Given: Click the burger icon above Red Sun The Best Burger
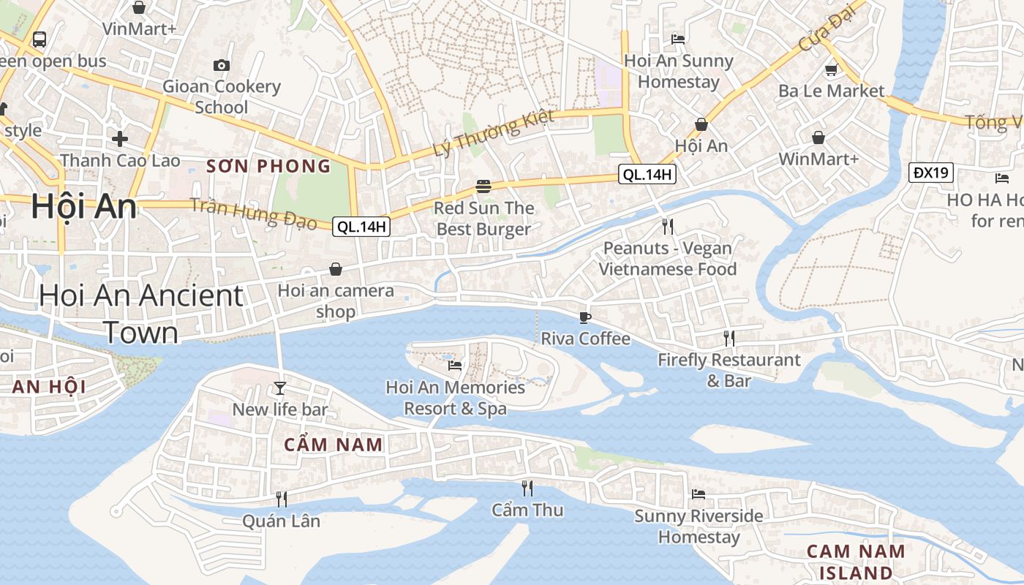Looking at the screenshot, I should click(x=483, y=186).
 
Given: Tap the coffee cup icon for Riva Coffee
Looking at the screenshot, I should click(x=584, y=317).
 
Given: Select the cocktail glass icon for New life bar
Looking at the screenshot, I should click(x=280, y=388).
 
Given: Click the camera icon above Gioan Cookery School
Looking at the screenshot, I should click(x=222, y=65).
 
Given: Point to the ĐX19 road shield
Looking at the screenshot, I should click(x=931, y=173).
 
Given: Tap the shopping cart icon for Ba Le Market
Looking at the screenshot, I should click(x=831, y=70).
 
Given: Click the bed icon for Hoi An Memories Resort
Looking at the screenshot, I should click(x=455, y=365).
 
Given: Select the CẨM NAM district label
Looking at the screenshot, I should click(x=334, y=445).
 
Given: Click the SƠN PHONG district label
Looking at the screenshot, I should click(x=268, y=166).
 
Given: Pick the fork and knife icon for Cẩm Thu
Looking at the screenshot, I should click(x=527, y=488).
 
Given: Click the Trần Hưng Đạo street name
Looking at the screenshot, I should click(x=254, y=213).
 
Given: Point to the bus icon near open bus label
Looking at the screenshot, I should click(x=39, y=39).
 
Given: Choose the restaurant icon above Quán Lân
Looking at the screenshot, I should click(x=281, y=499).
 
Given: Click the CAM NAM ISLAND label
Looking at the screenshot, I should click(x=856, y=562).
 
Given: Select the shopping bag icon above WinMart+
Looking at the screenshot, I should click(x=818, y=137).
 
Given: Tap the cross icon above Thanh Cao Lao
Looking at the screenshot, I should click(x=120, y=138).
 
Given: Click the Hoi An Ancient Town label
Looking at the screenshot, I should click(x=140, y=314).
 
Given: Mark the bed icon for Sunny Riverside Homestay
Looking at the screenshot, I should click(x=699, y=494).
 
